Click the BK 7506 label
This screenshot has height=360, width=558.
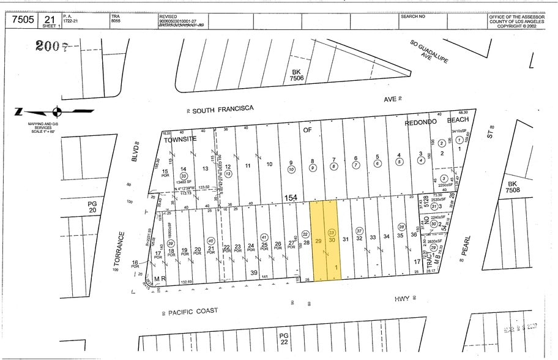[x=297, y=75]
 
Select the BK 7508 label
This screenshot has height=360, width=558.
[x=513, y=186]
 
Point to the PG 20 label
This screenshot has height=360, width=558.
[x=92, y=206]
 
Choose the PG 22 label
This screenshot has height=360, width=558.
[x=283, y=339]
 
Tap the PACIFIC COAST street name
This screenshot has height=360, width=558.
[x=193, y=311]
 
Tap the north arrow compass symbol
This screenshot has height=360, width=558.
[x=56, y=111]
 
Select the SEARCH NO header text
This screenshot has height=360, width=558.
[x=413, y=17]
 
